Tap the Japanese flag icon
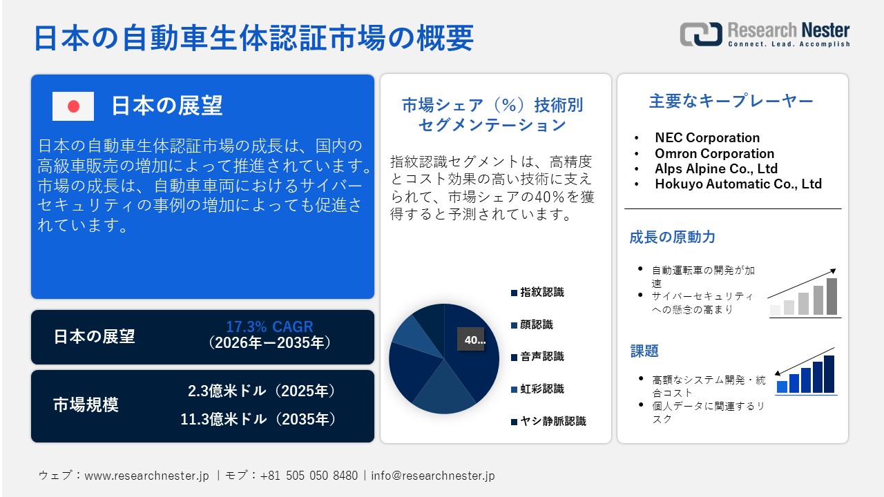73,106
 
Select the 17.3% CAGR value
269,327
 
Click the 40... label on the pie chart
474,340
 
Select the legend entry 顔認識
536,324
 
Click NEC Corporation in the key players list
707,138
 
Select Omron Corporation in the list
714,153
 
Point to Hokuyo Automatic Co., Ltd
738,184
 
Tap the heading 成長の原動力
672,237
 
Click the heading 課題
644,351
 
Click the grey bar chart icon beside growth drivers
804,295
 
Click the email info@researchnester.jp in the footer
433,476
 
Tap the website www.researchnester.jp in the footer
146,476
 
